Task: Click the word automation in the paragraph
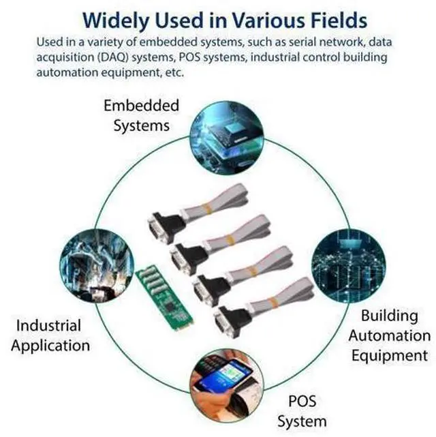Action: point(67,72)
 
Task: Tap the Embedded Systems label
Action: point(142,116)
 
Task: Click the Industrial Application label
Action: point(50,335)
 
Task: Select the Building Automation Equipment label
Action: point(390,335)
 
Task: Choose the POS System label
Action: point(302,412)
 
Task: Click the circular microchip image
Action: point(227,138)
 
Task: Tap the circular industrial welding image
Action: point(97,266)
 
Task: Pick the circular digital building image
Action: point(349,266)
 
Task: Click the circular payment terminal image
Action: point(227,386)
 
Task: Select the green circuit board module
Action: point(165,299)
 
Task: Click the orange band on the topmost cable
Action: point(206,209)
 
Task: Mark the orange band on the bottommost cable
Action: point(273,303)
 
